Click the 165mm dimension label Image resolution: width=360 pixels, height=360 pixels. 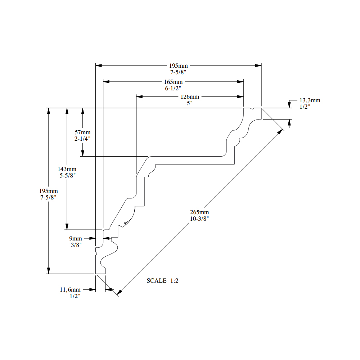(x=174, y=82)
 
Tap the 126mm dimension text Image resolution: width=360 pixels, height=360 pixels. (x=190, y=96)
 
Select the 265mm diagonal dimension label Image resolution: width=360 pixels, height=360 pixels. (x=199, y=212)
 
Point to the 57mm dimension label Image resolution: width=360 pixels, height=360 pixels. (x=82, y=132)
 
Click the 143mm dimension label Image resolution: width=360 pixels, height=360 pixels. (x=67, y=169)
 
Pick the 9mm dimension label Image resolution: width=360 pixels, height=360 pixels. (x=76, y=239)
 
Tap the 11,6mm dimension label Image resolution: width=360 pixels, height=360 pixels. (x=70, y=290)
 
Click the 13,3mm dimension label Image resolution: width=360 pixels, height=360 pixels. (x=310, y=100)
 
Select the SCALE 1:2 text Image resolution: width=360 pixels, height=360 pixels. (x=163, y=280)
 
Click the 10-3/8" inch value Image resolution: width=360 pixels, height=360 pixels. (x=199, y=219)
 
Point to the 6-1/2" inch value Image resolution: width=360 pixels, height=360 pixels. (x=173, y=89)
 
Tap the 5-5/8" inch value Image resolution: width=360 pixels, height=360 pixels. (x=68, y=175)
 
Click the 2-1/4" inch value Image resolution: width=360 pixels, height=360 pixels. (x=82, y=139)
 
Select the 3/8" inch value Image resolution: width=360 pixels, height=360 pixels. (x=76, y=245)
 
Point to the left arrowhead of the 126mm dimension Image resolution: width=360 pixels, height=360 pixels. (x=139, y=96)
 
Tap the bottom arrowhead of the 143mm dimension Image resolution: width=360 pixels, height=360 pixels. (x=67, y=226)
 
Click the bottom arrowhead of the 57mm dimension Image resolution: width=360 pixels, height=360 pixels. (x=83, y=153)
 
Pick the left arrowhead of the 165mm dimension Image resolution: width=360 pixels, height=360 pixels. (x=106, y=81)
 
